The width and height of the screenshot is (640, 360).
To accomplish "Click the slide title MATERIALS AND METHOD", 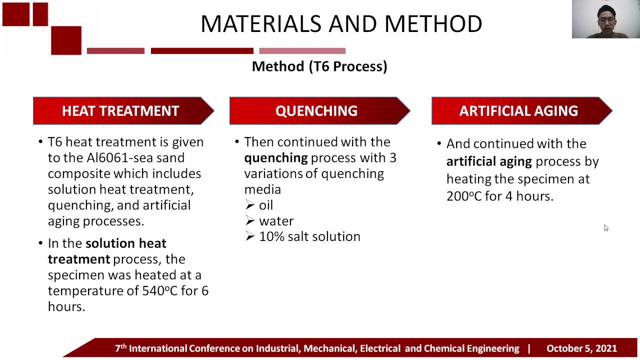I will tap(341, 23).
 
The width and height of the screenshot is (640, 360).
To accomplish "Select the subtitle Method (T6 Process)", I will tap(319, 66).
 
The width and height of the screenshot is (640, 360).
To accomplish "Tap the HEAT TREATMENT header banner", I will tap(120, 111).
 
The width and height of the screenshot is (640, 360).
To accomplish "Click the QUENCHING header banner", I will tap(316, 111).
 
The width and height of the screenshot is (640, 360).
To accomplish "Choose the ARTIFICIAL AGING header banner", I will tap(518, 111).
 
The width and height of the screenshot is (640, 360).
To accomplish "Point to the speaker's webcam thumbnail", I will tap(605, 19).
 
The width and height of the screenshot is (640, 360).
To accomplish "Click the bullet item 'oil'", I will tap(265, 205).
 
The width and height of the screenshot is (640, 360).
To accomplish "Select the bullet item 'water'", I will tap(276, 221).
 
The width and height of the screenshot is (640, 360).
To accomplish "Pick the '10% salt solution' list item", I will tap(309, 236).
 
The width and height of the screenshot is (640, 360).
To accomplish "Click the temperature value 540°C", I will tap(160, 290).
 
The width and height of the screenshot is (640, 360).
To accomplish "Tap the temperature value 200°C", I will tap(464, 196).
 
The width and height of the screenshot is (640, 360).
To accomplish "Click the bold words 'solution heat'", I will tap(125, 243).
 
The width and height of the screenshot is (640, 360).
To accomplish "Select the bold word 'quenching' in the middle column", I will tap(275, 158).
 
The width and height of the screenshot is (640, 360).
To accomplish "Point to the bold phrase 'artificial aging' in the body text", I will tap(488, 161).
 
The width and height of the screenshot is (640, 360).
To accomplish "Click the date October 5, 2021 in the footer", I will tap(581, 348).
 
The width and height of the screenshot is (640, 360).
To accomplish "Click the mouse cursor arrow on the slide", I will tap(605, 227).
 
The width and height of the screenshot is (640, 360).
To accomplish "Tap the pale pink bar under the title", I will tap(302, 50).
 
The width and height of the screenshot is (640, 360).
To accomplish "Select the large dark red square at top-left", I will tap(66, 40).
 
